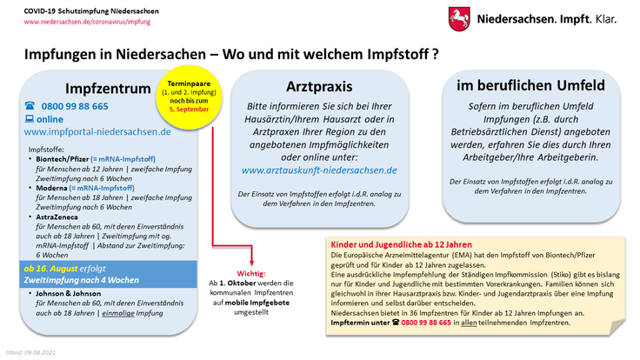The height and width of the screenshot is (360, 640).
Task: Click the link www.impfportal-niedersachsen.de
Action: (97, 131)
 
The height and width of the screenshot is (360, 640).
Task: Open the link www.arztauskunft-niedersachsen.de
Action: (319, 170)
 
